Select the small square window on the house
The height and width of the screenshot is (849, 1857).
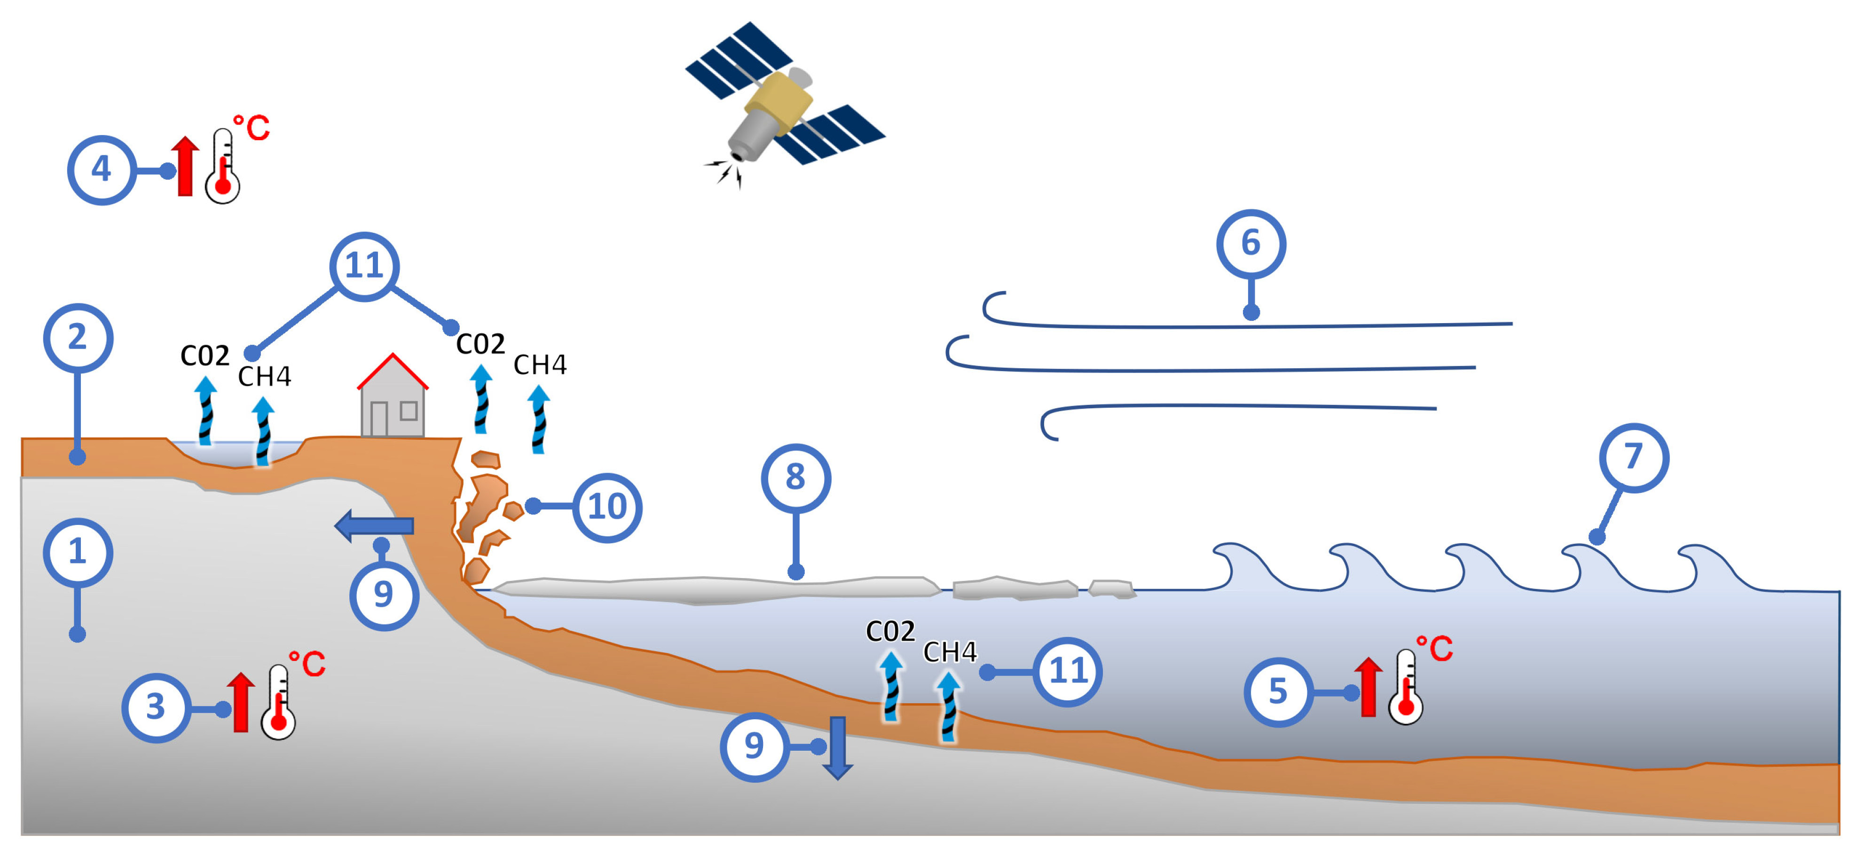pyautogui.click(x=409, y=411)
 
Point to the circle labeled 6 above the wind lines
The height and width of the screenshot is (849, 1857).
pyautogui.click(x=1251, y=244)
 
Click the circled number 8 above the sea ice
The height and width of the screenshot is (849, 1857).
pyautogui.click(x=795, y=477)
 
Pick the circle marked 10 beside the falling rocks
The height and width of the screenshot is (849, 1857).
pyautogui.click(x=607, y=507)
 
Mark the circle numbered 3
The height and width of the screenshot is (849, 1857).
pyautogui.click(x=156, y=707)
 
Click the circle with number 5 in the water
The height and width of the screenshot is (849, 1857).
pyautogui.click(x=1277, y=692)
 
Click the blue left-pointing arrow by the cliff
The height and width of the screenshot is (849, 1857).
pyautogui.click(x=374, y=526)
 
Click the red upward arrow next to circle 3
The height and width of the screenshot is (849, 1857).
pyautogui.click(x=241, y=703)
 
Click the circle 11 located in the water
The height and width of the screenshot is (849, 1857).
pyautogui.click(x=1068, y=672)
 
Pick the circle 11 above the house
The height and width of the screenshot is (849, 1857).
pyautogui.click(x=364, y=266)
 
